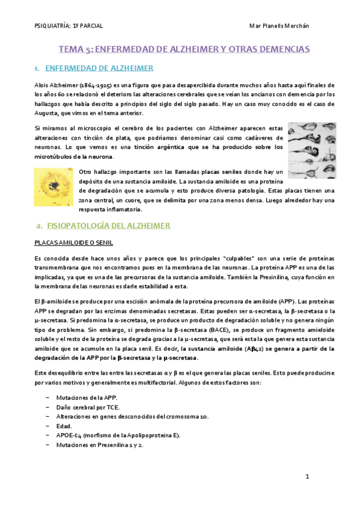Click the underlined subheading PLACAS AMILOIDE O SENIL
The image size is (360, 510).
pyautogui.click(x=74, y=243)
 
